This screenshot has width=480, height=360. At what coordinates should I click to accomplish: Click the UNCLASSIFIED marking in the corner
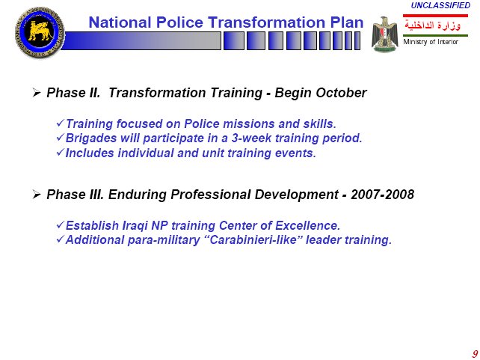(440, 5)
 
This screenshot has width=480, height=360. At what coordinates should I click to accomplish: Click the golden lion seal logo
(40, 32)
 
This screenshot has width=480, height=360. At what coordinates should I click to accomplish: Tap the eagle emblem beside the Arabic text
(385, 34)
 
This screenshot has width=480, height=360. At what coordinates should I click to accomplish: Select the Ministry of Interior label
(431, 42)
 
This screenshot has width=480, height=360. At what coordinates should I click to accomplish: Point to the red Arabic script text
(433, 25)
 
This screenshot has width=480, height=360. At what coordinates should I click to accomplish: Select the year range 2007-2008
(382, 195)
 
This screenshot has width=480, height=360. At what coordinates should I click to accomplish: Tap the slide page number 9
(475, 353)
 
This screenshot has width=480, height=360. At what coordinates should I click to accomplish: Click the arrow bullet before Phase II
(37, 93)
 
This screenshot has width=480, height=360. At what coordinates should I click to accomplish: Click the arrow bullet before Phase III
(37, 195)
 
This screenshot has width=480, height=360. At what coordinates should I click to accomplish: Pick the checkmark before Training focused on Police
(61, 123)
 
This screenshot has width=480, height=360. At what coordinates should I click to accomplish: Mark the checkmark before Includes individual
(61, 152)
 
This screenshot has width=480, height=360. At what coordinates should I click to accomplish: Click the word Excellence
(307, 225)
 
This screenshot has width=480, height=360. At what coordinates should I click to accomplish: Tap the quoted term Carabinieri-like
(253, 240)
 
